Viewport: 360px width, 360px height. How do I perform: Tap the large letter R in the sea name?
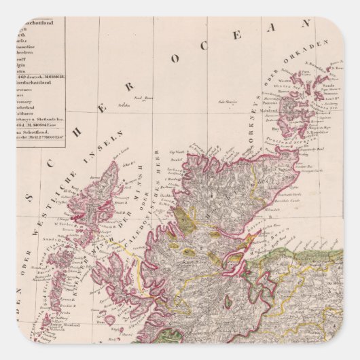pyautogui.click(x=129, y=88)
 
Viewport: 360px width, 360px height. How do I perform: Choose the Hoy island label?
pyautogui.click(x=275, y=126)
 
